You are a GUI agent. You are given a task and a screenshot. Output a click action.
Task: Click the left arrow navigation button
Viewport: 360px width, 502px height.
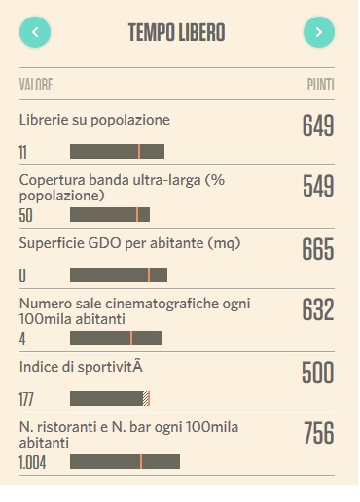(x=35, y=32)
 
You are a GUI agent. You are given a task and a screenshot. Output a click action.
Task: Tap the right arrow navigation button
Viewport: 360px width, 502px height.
(x=319, y=32)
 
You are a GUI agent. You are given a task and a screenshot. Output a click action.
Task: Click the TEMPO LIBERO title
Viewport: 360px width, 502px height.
(x=177, y=32)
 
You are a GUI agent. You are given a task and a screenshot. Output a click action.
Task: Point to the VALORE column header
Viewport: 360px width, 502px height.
(x=36, y=85)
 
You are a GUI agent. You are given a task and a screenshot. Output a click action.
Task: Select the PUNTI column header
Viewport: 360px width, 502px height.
(x=320, y=85)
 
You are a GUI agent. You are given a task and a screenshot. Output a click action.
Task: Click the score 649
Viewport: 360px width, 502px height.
(x=318, y=125)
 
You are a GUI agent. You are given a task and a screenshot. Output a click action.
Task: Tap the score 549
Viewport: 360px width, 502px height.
(x=318, y=186)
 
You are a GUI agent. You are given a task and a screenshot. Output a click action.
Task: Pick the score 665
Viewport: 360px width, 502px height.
(x=318, y=249)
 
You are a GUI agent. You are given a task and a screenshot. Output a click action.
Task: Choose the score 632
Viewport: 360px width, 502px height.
(x=318, y=309)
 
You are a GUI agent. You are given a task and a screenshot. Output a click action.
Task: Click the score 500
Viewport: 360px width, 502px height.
(x=318, y=373)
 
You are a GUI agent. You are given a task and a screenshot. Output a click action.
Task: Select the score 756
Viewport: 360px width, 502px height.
(x=319, y=433)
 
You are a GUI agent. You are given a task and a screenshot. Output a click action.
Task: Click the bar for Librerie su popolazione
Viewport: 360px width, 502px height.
(x=117, y=152)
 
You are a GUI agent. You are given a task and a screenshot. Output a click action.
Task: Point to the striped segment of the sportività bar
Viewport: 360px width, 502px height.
(x=146, y=399)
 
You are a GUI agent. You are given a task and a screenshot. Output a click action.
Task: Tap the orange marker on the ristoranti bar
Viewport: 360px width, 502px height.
(x=141, y=461)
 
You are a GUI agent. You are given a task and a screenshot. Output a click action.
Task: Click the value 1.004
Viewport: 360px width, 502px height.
(x=32, y=462)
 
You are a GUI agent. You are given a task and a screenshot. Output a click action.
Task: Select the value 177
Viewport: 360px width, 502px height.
(x=26, y=399)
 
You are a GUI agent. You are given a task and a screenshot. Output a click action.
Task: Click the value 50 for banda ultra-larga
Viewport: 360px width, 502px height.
(x=26, y=215)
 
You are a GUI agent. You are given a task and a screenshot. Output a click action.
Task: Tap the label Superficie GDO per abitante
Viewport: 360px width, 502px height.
(x=129, y=243)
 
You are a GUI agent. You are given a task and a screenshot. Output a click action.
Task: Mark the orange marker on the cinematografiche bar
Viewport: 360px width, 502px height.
(x=131, y=338)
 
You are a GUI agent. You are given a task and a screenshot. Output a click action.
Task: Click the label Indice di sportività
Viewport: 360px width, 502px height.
(x=81, y=367)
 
